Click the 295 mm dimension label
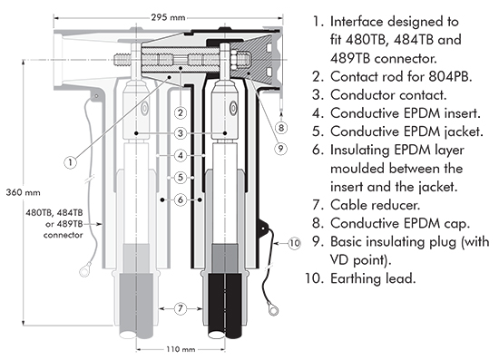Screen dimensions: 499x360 click(168, 17)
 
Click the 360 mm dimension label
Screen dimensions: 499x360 click(24, 192)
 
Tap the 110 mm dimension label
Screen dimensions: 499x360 click(181, 349)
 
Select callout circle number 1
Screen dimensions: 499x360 click(71, 162)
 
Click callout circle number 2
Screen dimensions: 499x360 click(181, 112)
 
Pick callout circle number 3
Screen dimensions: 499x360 click(181, 133)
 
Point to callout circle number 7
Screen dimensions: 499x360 click(181, 308)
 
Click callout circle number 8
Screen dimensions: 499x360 click(280, 128)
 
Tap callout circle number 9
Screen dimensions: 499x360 click(280, 148)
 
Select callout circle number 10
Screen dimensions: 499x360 click(295, 243)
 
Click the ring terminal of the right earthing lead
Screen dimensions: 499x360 click(273, 310)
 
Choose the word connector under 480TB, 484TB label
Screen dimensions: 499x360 click(63, 235)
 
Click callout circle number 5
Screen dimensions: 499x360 click(181, 177)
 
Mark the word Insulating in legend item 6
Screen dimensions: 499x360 click(359, 150)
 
